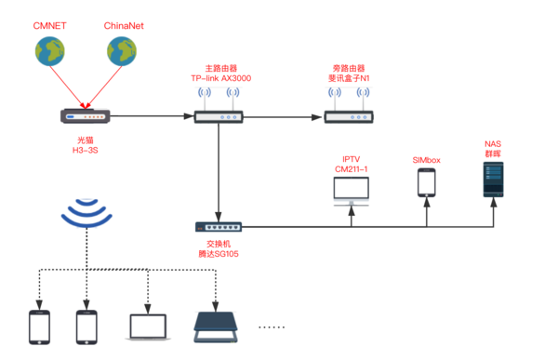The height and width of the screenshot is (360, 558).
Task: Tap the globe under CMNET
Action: (50, 56)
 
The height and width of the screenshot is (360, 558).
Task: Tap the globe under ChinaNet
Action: (123, 56)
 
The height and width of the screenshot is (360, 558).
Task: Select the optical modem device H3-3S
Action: (86, 116)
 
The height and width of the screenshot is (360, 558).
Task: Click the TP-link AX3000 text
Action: (220, 79)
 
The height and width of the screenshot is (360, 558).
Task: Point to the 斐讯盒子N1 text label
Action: (349, 79)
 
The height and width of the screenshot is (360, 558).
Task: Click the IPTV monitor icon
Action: (352, 191)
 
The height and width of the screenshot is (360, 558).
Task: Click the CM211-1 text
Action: (352, 168)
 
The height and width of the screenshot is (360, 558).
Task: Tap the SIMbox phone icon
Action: (427, 182)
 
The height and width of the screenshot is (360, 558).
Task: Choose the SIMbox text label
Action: (427, 160)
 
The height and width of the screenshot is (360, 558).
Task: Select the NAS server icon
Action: (493, 179)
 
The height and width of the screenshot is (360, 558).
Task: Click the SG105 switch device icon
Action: (219, 226)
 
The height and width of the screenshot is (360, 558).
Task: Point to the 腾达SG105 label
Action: (219, 253)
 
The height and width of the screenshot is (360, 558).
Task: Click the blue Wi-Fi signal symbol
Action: (86, 214)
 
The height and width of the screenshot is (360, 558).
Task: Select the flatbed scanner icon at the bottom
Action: (216, 325)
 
